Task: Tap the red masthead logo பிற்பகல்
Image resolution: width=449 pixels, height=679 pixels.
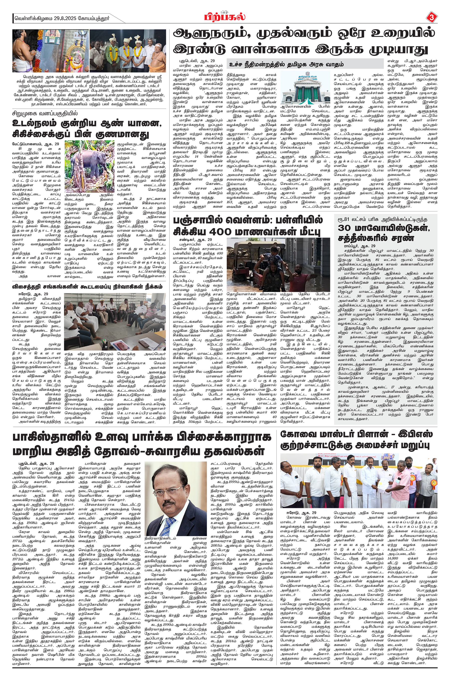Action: pos(224,17)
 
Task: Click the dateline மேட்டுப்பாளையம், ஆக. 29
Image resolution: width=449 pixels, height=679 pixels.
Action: pos(35,144)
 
